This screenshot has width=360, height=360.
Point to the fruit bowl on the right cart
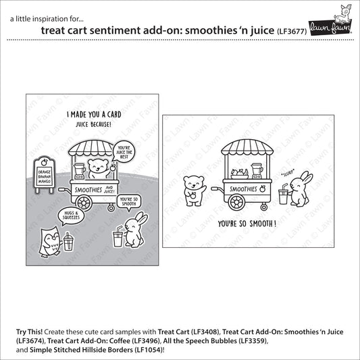pos(239,173)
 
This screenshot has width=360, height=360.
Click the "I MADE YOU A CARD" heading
pos(92,115)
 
